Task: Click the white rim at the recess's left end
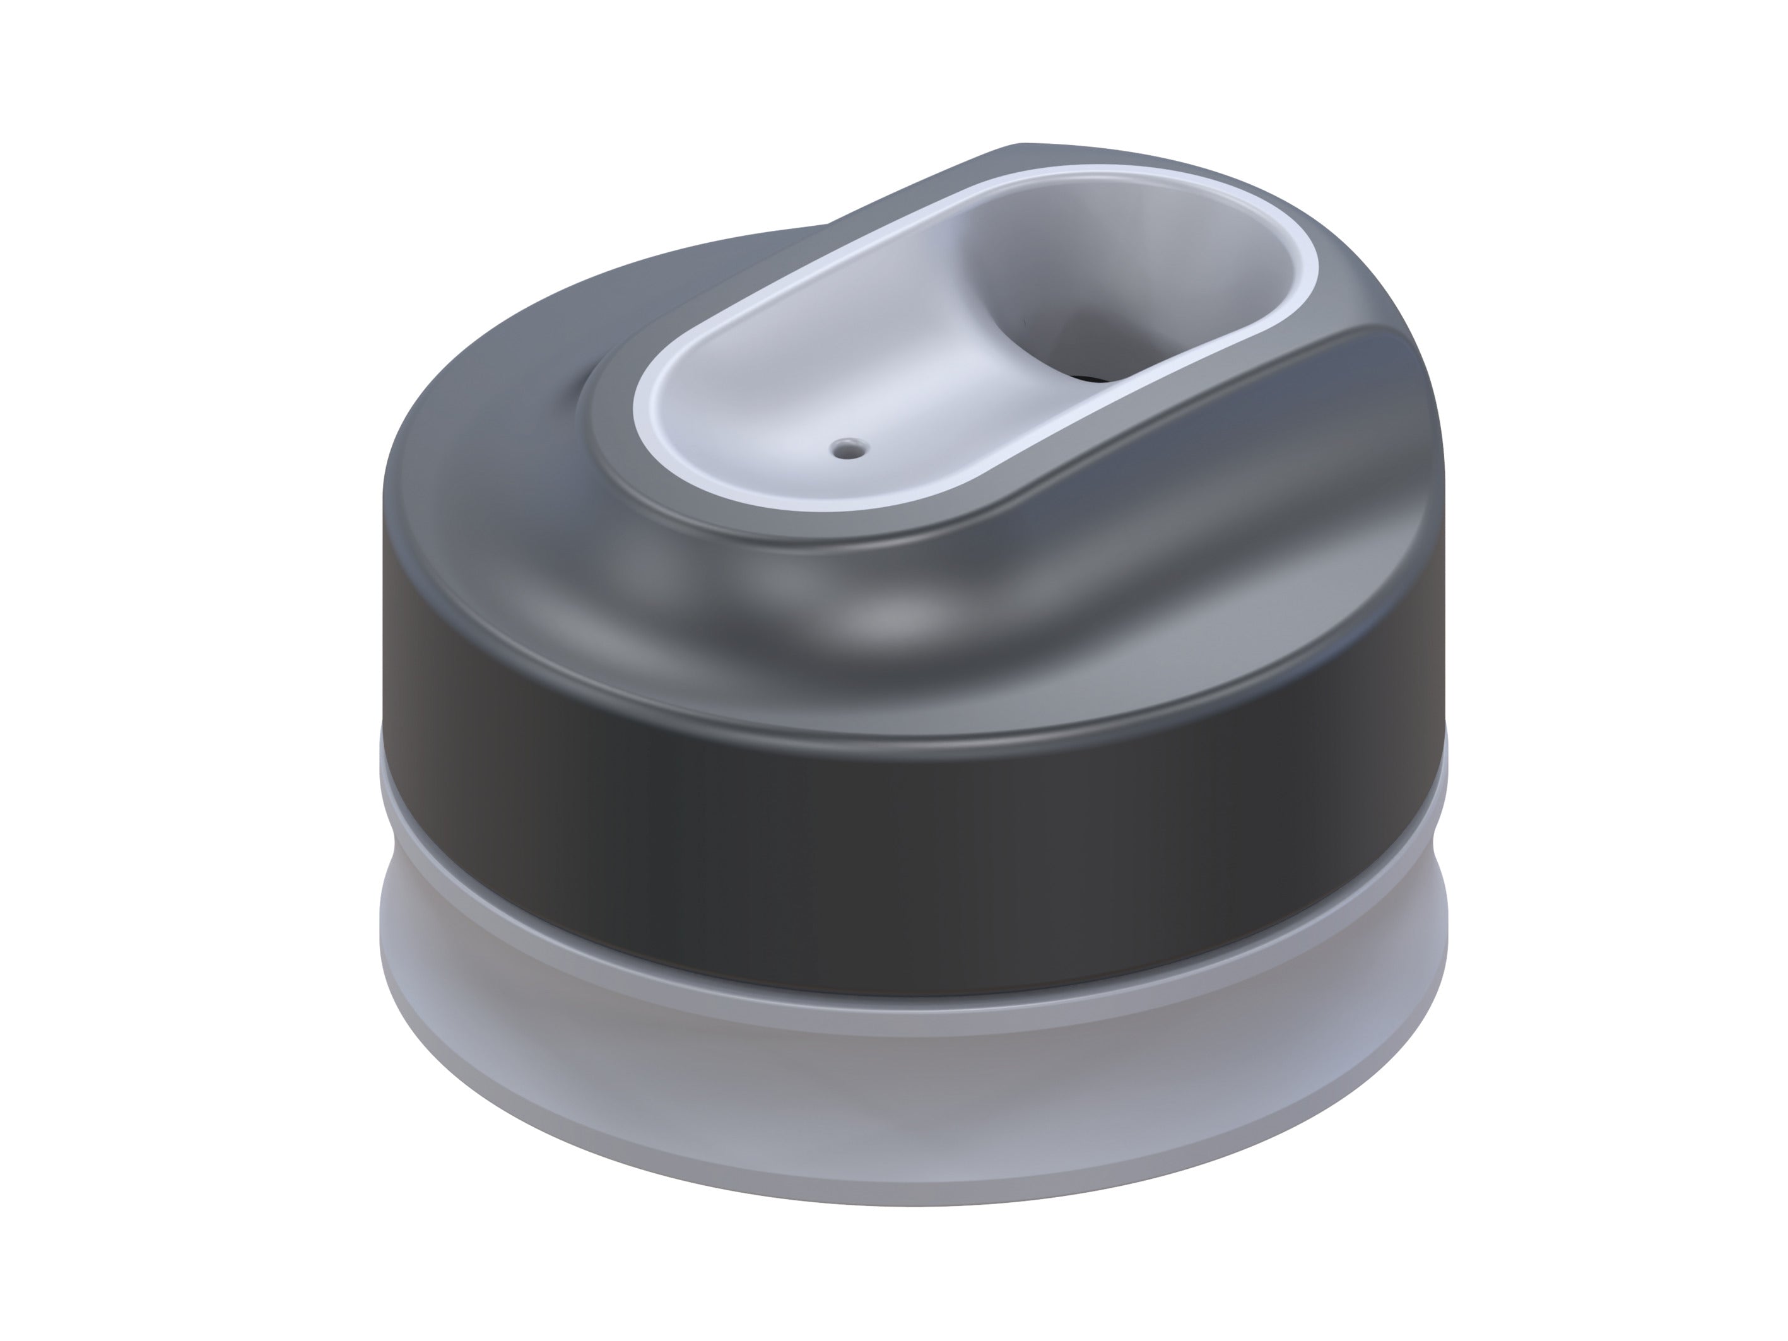(644, 404)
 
